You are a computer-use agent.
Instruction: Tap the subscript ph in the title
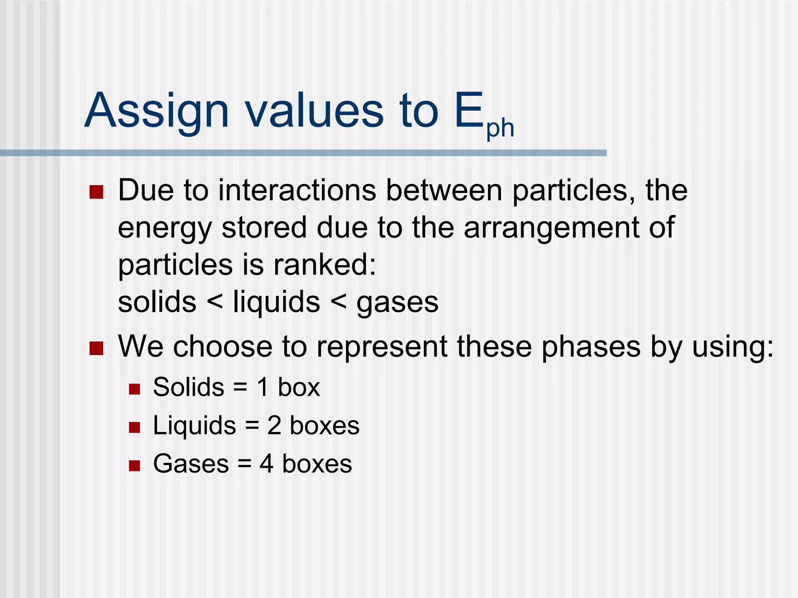500,128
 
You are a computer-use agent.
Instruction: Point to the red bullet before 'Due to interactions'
96,192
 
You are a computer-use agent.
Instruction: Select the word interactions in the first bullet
297,190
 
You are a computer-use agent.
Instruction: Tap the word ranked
325,265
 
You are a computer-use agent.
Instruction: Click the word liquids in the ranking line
276,302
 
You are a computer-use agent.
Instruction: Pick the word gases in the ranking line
397,303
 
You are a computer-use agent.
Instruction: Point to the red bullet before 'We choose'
96,348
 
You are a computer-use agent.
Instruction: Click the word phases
591,347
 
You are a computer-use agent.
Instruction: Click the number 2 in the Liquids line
274,425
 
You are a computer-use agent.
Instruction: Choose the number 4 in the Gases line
267,464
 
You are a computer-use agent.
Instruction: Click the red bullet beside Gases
134,466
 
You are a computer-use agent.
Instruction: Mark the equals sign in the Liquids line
252,426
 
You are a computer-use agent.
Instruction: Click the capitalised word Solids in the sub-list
189,387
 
